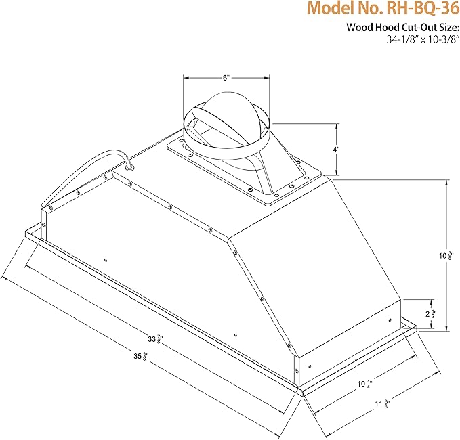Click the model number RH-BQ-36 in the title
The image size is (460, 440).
tap(423, 9)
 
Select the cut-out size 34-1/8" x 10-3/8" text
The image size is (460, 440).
tap(423, 39)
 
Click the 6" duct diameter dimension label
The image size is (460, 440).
tap(226, 78)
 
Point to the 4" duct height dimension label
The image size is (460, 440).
tap(336, 149)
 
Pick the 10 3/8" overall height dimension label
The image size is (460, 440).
tap(446, 256)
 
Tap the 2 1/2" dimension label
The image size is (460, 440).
tap(432, 314)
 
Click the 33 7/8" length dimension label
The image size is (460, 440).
tap(156, 340)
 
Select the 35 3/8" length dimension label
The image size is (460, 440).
tap(142, 357)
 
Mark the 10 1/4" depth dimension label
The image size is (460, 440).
tap(365, 384)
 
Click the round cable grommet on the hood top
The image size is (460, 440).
tap(129, 167)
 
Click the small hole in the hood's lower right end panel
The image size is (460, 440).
tap(390, 320)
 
